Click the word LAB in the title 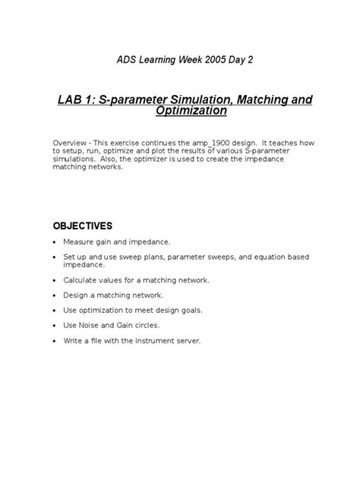73,100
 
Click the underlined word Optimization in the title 191,112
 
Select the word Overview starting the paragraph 71,144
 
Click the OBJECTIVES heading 82,226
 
